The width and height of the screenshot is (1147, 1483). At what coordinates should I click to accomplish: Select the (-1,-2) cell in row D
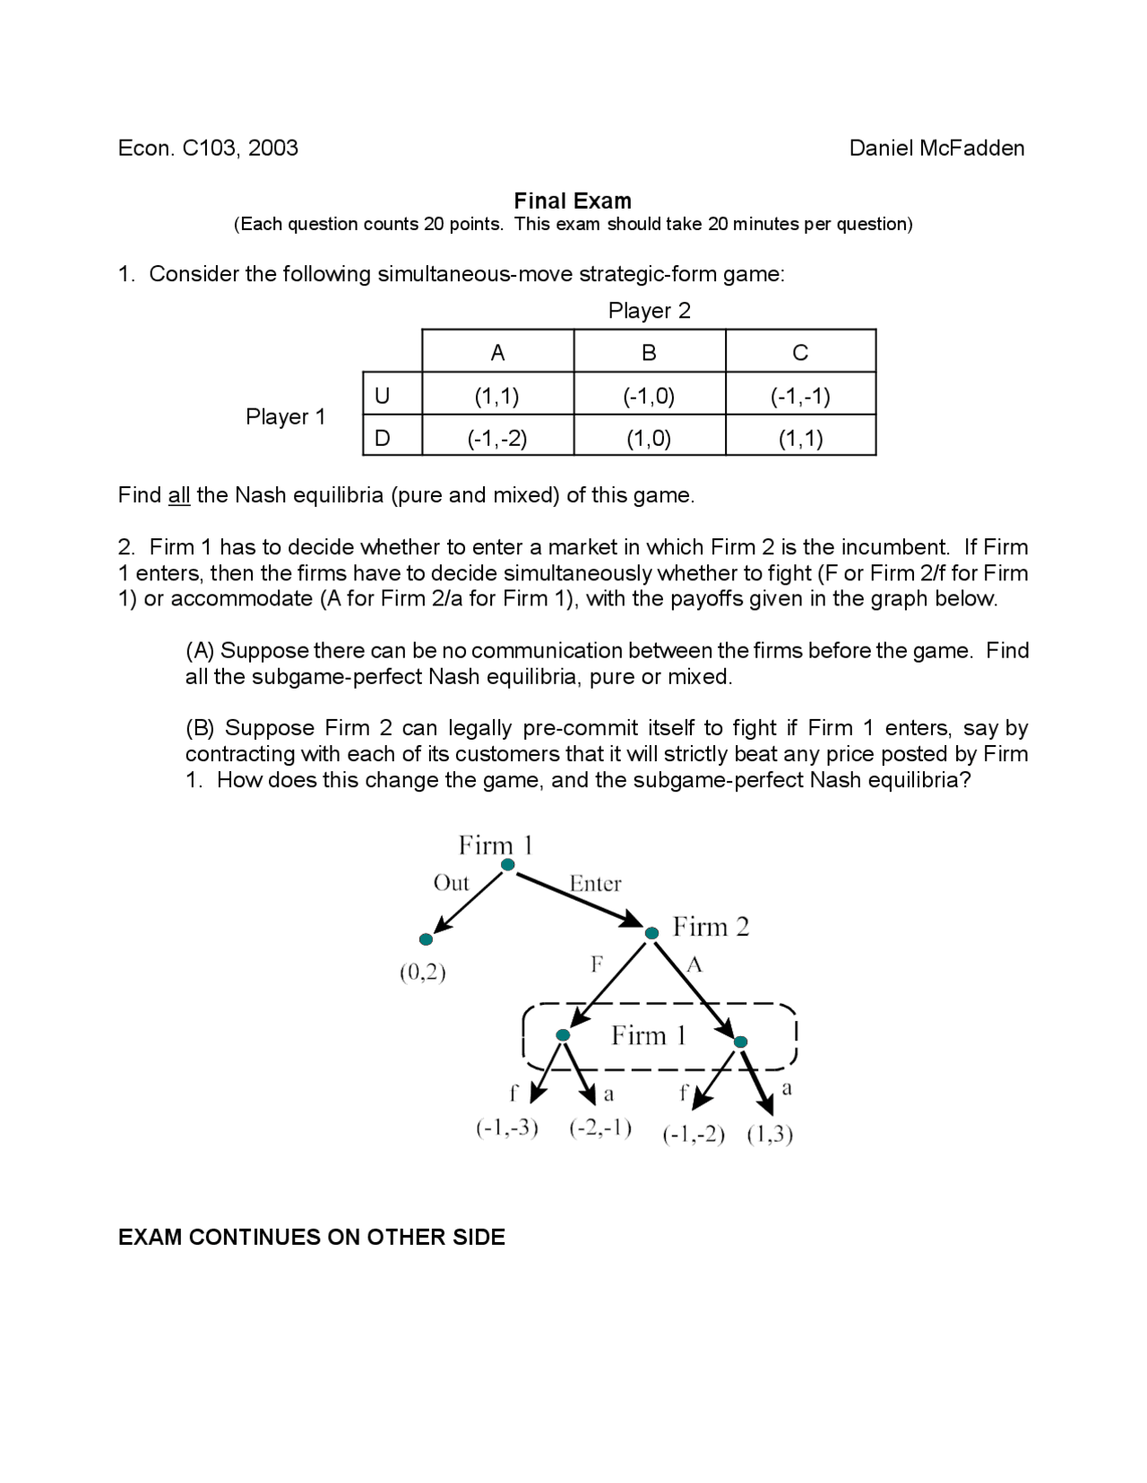(x=497, y=438)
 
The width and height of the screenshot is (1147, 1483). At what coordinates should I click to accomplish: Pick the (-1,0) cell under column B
(x=649, y=396)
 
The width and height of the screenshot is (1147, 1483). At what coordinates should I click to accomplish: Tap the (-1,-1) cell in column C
(x=800, y=396)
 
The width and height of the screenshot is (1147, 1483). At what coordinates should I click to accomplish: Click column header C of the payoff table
(x=800, y=353)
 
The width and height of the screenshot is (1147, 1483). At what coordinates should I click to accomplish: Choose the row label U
(x=383, y=396)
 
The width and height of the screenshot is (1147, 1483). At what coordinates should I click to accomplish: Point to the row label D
(x=383, y=438)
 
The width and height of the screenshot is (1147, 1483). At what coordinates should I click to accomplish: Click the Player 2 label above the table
(x=649, y=311)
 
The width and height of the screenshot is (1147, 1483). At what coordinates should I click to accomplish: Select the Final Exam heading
(x=573, y=201)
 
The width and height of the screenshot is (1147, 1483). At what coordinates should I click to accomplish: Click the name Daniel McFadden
(x=936, y=148)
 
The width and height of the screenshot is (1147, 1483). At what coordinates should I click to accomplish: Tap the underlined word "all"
(x=179, y=495)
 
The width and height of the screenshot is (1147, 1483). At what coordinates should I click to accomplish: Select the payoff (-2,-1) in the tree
(x=600, y=1127)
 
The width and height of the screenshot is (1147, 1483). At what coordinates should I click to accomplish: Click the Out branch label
(x=451, y=883)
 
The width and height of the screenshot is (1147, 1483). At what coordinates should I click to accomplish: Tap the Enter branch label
(x=595, y=884)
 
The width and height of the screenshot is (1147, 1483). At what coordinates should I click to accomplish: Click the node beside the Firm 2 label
(x=652, y=932)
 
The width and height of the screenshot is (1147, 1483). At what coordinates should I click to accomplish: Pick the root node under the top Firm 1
(x=508, y=864)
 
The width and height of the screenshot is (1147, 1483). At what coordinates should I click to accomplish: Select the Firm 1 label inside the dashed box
(x=649, y=1035)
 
